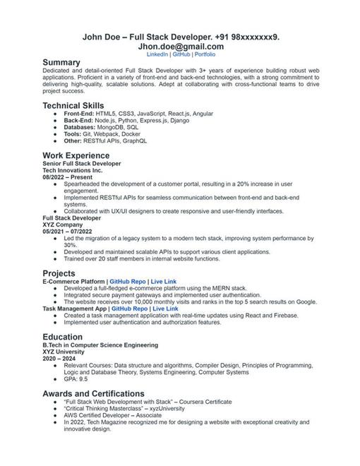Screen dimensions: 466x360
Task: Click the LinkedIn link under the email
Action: [157, 54]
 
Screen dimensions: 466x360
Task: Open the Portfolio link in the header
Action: [205, 54]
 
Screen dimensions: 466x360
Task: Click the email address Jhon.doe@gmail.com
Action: [180, 45]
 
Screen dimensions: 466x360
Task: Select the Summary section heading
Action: [61, 62]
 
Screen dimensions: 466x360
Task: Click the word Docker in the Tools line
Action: [130, 134]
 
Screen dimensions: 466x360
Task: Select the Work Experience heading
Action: [76, 155]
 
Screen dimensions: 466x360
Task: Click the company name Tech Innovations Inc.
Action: [72, 170]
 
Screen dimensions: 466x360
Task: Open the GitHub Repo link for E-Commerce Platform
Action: [128, 281]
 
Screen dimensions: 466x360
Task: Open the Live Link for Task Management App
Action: [165, 309]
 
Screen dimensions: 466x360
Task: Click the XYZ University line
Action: [63, 352]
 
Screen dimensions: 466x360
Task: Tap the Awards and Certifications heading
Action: [93, 393]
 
